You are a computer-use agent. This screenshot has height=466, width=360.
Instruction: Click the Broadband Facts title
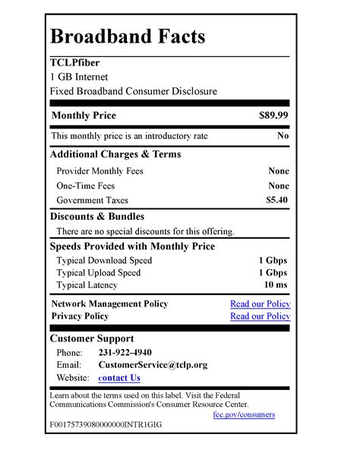tap(127, 36)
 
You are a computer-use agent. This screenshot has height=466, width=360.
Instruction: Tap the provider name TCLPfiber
tap(74, 62)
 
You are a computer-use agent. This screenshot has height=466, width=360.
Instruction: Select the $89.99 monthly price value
tap(273, 116)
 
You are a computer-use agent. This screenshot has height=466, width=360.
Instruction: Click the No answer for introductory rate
tap(283, 136)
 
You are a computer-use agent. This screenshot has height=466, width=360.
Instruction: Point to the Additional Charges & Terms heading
tap(115, 154)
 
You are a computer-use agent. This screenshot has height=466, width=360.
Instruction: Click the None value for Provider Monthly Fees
tap(278, 171)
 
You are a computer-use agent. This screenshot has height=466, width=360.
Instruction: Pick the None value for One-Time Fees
tap(278, 185)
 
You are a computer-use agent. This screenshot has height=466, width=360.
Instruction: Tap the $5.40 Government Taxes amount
tap(276, 201)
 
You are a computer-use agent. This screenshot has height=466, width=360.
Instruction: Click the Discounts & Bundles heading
tap(96, 217)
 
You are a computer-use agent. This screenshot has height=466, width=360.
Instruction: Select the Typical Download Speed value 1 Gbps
tap(273, 260)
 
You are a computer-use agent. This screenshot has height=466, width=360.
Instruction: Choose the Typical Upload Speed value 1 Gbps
tap(273, 273)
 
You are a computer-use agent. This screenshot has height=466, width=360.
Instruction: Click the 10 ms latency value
tap(276, 285)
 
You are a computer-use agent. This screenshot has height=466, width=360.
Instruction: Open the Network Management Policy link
tap(260, 304)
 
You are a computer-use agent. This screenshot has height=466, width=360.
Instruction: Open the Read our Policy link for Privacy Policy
tap(260, 316)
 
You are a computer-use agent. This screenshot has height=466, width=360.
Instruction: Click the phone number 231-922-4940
tap(125, 353)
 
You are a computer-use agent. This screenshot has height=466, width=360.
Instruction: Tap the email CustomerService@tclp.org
tap(153, 365)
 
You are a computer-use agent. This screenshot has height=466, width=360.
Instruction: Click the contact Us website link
tap(119, 378)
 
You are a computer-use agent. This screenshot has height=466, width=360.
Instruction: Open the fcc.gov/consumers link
tap(244, 414)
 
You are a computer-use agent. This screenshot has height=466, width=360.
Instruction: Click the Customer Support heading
tap(91, 338)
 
